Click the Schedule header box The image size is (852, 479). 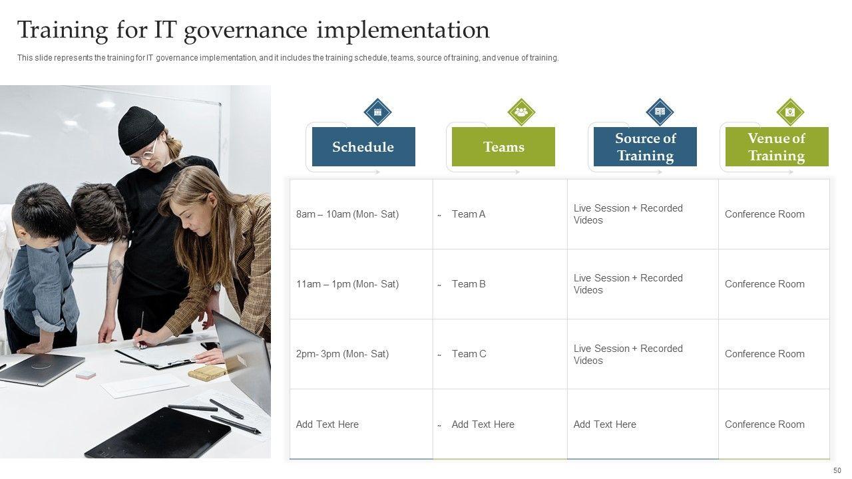[363, 146]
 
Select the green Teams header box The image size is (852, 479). [503, 146]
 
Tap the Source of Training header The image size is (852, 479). [645, 146]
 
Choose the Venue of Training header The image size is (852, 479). [777, 146]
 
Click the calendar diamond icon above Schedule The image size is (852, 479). [377, 112]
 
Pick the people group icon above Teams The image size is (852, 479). [521, 112]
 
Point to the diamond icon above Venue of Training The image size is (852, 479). [790, 112]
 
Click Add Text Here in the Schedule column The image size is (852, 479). [327, 424]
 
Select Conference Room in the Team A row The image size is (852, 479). [765, 214]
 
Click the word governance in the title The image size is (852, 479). [246, 31]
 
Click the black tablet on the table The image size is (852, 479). [158, 433]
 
